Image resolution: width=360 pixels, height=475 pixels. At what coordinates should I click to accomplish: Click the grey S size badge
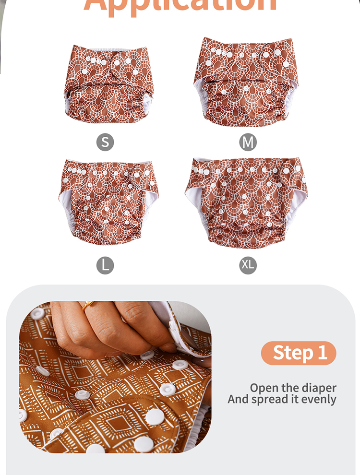[105, 142]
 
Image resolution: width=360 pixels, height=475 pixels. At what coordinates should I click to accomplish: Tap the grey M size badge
[248, 142]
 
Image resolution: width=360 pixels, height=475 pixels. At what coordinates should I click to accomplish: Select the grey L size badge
[105, 265]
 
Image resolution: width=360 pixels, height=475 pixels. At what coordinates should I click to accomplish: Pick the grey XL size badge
[248, 265]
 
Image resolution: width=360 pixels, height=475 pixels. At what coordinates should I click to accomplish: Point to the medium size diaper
[246, 82]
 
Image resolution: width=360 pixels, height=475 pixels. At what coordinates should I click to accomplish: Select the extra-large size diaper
[245, 201]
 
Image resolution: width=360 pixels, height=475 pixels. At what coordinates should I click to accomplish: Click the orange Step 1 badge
[299, 353]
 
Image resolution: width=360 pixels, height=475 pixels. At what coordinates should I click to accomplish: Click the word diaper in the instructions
[317, 388]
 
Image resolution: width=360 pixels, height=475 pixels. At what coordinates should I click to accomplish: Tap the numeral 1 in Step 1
[322, 353]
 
